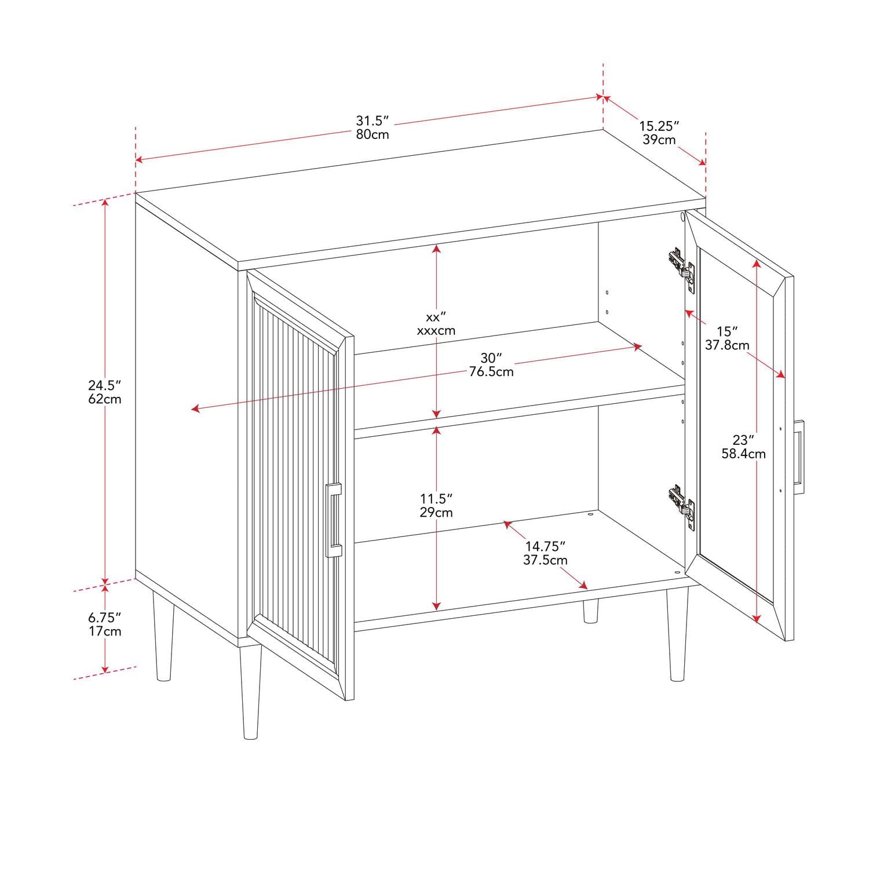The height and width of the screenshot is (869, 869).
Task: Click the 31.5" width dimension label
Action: pyautogui.click(x=372, y=121)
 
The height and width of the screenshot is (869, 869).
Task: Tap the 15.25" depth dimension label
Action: pyautogui.click(x=659, y=126)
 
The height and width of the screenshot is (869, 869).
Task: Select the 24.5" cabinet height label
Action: pyautogui.click(x=104, y=385)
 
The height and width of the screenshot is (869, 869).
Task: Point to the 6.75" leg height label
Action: pyautogui.click(x=104, y=617)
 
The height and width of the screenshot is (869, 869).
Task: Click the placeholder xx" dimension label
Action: pyautogui.click(x=436, y=317)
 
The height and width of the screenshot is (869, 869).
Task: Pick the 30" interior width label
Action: pyautogui.click(x=491, y=358)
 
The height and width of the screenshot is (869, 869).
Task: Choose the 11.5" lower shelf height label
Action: pyautogui.click(x=436, y=498)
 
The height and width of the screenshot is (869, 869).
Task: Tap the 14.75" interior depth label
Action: pyautogui.click(x=545, y=546)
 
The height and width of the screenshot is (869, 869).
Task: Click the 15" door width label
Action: pyautogui.click(x=727, y=331)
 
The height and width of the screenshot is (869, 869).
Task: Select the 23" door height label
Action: pyautogui.click(x=743, y=440)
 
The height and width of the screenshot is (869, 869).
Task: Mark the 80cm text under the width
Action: pyautogui.click(x=372, y=134)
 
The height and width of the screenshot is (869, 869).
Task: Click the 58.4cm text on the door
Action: pyautogui.click(x=743, y=454)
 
